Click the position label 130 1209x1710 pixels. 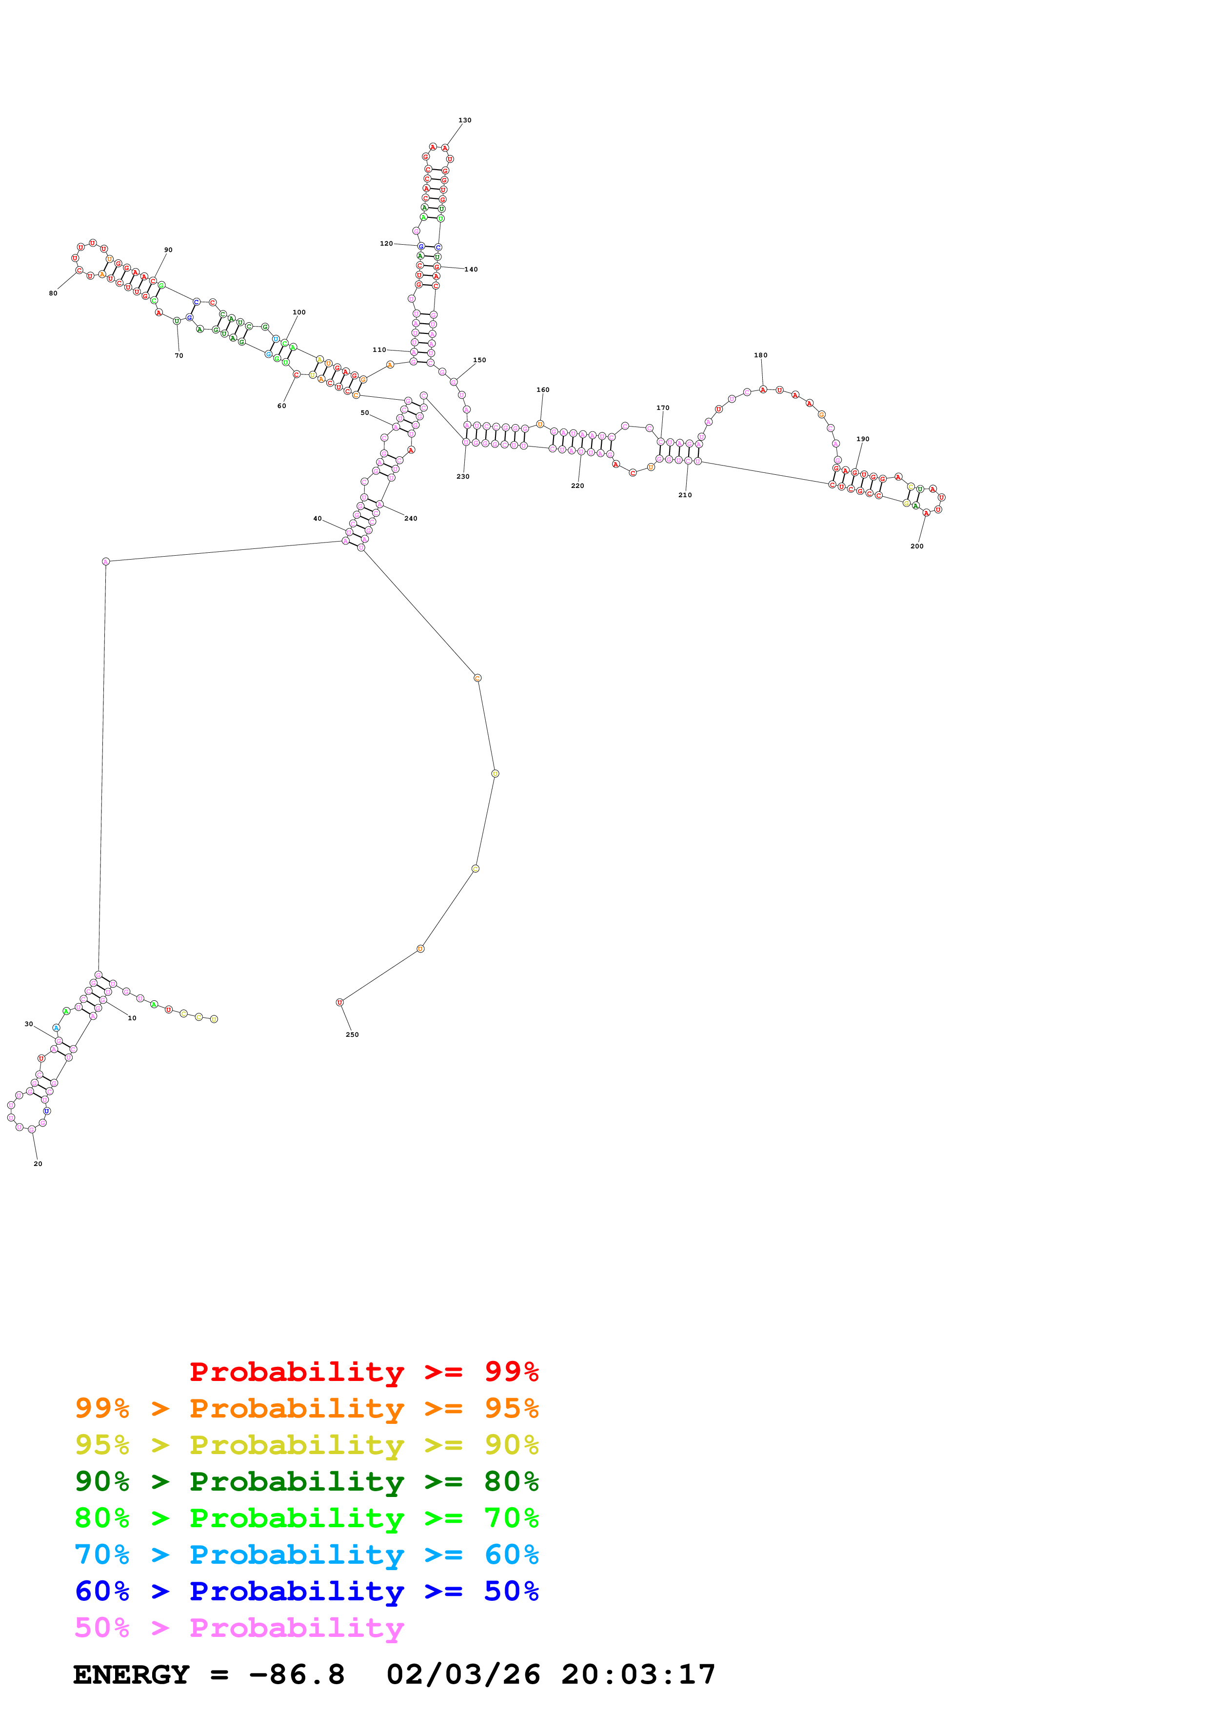464,120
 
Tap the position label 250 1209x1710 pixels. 352,1034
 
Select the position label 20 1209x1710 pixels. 38,1164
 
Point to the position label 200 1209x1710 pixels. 916,546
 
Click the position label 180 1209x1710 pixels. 760,355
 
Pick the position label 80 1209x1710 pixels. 53,293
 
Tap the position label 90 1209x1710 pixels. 168,250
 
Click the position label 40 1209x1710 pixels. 317,518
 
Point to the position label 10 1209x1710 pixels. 132,1018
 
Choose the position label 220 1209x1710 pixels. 577,486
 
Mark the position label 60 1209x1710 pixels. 281,406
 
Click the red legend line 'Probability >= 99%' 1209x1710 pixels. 363,1372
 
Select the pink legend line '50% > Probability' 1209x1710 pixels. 239,1628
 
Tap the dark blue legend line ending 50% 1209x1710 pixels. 306,1592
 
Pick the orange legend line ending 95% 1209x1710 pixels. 306,1408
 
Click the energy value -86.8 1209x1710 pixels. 297,1675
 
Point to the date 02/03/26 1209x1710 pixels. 463,1675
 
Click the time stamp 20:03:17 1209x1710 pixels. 638,1675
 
